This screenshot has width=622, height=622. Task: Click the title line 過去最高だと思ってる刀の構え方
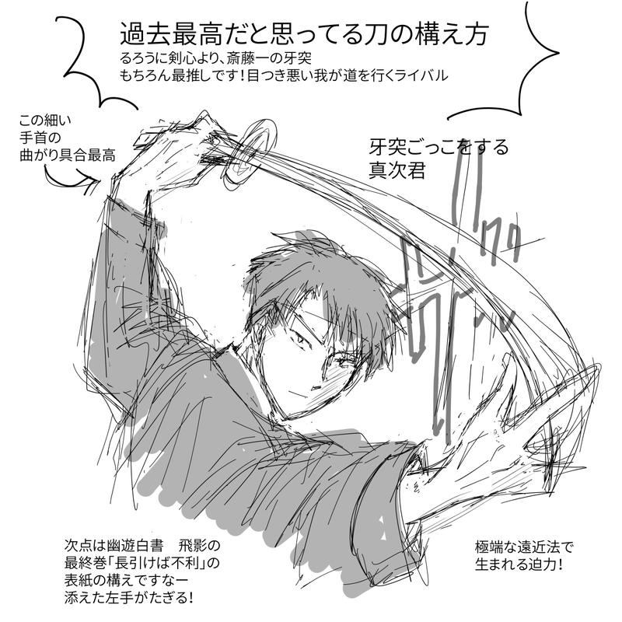[x=304, y=34]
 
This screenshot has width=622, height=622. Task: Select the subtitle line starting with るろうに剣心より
[x=215, y=58]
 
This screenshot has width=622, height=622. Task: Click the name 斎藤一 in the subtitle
[x=246, y=58]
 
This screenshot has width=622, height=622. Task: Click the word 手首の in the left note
[x=40, y=138]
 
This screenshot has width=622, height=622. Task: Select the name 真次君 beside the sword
[x=397, y=170]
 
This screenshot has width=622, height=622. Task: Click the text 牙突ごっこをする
[x=439, y=148]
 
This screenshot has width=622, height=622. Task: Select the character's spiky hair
[x=317, y=289]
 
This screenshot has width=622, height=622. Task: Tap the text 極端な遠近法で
[x=524, y=547]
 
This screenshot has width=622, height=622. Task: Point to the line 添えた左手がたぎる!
[x=129, y=597]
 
